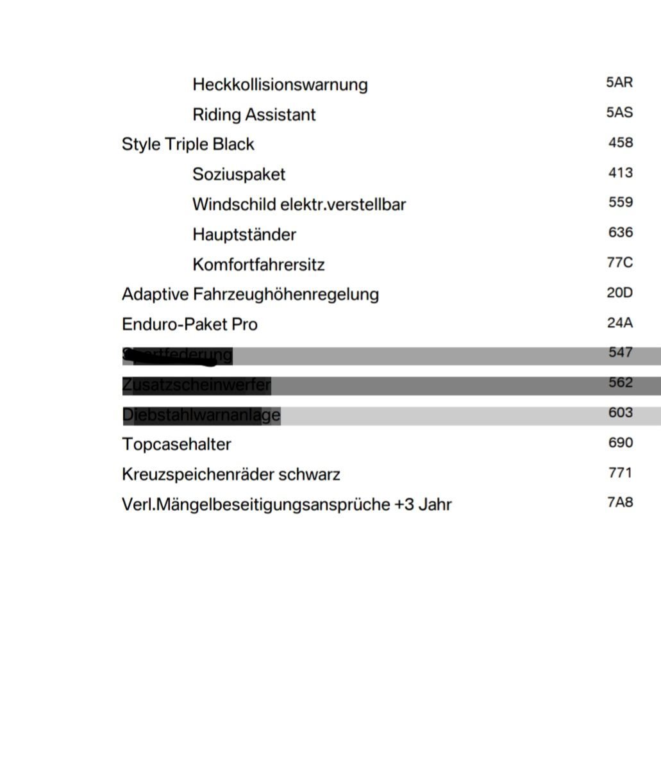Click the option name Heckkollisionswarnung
pos(280,85)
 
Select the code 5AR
pos(619,83)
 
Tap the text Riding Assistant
pos(254,115)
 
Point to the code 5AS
pos(619,113)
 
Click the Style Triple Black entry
pos(188,144)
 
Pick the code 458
pos(620,142)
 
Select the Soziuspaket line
pos(238,174)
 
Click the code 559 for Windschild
pos(620,203)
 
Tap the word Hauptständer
pos(244,235)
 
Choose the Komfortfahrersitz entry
pos(258,265)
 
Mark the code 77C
pos(619,263)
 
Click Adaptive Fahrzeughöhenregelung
pos(250,294)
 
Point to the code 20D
pos(619,293)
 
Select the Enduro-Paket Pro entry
pos(189,324)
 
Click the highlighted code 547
pos(620,352)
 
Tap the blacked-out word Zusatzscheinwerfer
pos(196,385)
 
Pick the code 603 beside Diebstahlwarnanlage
pos(620,413)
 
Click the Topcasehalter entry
pos(176,444)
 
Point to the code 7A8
pos(619,502)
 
